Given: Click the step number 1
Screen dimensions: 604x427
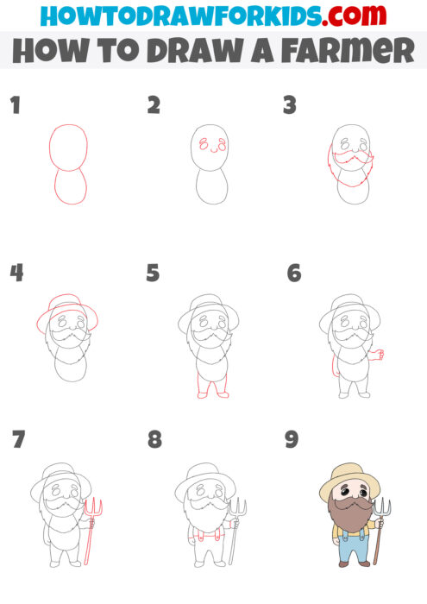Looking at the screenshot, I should [x=14, y=106].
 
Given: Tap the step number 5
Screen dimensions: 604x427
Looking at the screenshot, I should [x=153, y=274].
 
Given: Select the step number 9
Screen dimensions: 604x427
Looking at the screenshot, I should [x=292, y=440].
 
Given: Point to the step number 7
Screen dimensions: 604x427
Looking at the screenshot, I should [x=18, y=439].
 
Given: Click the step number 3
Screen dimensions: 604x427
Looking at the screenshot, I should [x=290, y=106].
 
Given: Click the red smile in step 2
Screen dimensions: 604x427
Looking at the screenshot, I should [x=210, y=149].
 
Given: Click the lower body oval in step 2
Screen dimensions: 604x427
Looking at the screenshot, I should [x=210, y=186].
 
